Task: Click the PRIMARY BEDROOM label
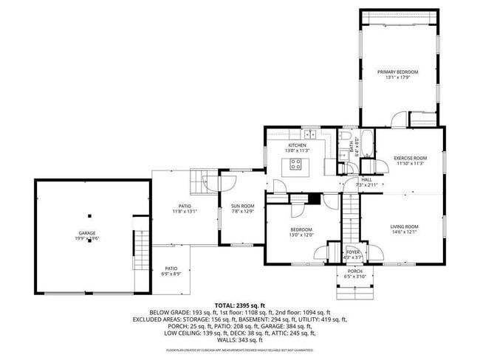(397, 72)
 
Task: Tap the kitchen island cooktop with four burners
(298, 164)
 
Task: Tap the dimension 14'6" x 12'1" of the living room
(404, 232)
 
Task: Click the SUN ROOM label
(242, 206)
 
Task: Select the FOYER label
(353, 252)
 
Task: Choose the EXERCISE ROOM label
(410, 159)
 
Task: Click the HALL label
(366, 179)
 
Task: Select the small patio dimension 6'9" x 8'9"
(171, 274)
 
